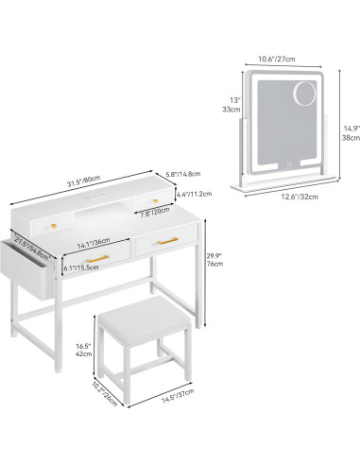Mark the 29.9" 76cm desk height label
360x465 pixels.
214,259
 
